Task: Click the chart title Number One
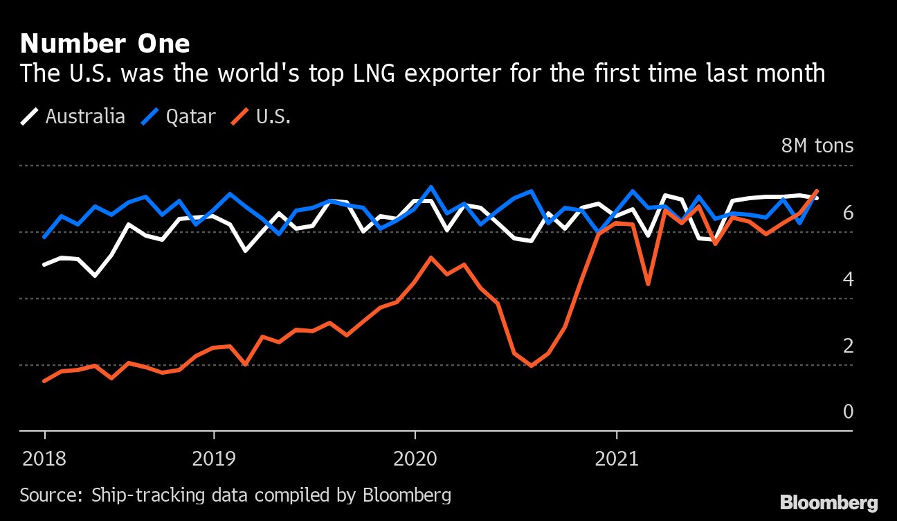(x=105, y=44)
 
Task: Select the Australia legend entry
(x=73, y=116)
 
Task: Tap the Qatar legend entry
(x=179, y=116)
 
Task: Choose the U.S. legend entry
(x=262, y=116)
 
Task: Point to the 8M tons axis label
(x=817, y=146)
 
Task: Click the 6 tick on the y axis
(x=848, y=213)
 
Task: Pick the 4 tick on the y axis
(x=848, y=279)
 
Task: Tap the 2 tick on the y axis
(x=848, y=346)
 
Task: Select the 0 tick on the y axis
(x=848, y=412)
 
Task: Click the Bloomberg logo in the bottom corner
(x=828, y=502)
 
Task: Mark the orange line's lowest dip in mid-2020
(x=531, y=365)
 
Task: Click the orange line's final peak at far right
(x=817, y=191)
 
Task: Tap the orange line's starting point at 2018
(x=44, y=381)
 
